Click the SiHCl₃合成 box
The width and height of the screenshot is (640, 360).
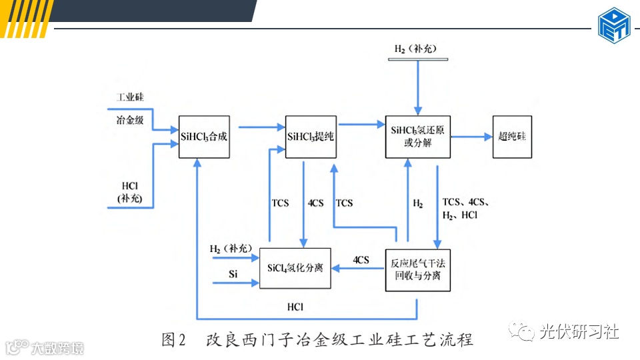pos(204,137)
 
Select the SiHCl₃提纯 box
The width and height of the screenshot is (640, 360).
pos(311,137)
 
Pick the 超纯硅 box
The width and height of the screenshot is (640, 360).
pos(512,137)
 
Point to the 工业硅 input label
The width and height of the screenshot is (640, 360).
pos(130,97)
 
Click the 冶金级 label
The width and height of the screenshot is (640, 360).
pos(130,120)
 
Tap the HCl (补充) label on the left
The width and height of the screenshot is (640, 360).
pos(130,190)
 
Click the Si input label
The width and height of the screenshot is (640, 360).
pos(233,274)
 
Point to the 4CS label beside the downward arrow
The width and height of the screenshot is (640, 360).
pos(316,203)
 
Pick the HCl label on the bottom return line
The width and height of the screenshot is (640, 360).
pos(296,307)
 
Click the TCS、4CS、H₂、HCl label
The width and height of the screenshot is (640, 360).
pos(467,208)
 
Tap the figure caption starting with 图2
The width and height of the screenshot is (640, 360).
pos(317,340)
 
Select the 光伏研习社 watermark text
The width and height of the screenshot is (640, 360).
pos(579,331)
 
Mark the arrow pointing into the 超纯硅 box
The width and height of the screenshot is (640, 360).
pos(471,137)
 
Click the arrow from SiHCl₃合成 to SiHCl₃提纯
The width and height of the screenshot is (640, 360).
pos(260,125)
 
